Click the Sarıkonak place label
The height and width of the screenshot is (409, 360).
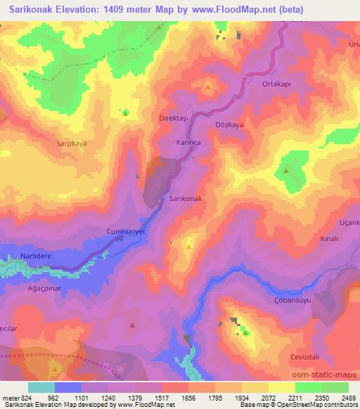click(x=186, y=199)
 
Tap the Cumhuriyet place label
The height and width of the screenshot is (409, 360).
click(x=124, y=231)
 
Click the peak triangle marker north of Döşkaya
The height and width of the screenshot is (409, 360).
click(x=209, y=87)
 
